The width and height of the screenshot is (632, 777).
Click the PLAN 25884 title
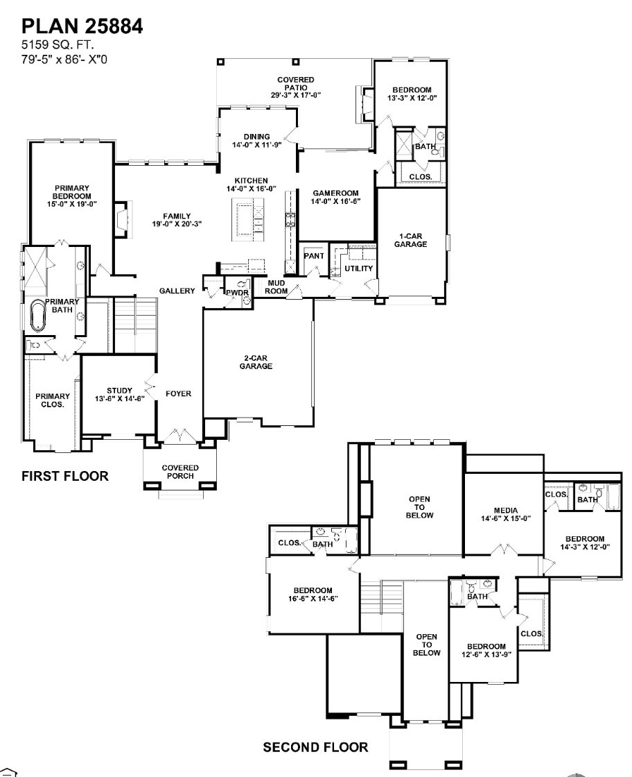pyautogui.click(x=82, y=28)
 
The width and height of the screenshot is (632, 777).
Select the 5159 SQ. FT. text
pyautogui.click(x=53, y=45)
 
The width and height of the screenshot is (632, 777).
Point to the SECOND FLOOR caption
pyautogui.click(x=315, y=748)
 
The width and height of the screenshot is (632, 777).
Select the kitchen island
pyautogui.click(x=248, y=221)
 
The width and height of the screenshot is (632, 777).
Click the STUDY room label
pyautogui.click(x=119, y=394)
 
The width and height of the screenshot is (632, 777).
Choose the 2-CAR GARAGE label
pyautogui.click(x=256, y=362)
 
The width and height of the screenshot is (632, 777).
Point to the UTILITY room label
pyautogui.click(x=359, y=268)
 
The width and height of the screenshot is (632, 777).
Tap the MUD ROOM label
pyautogui.click(x=276, y=287)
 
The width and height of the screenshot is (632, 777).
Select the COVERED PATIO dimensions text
pyautogui.click(x=296, y=95)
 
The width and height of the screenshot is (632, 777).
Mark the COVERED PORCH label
pyautogui.click(x=180, y=472)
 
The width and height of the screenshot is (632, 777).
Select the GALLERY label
pyautogui.click(x=177, y=291)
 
